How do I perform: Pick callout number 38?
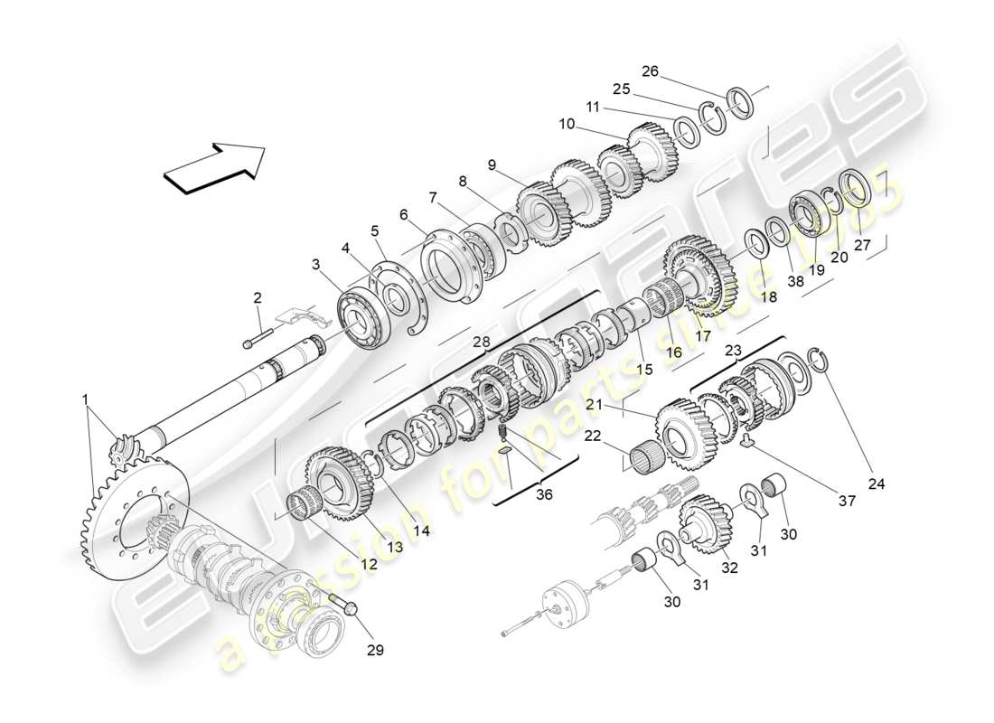[x=795, y=281]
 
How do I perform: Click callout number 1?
[x=85, y=399]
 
